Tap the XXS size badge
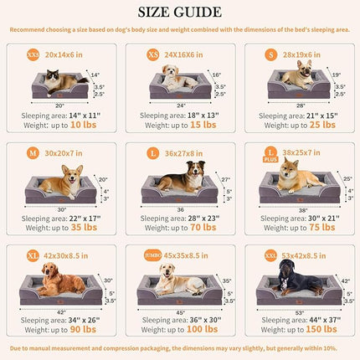[33, 53]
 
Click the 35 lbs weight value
[85, 227]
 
